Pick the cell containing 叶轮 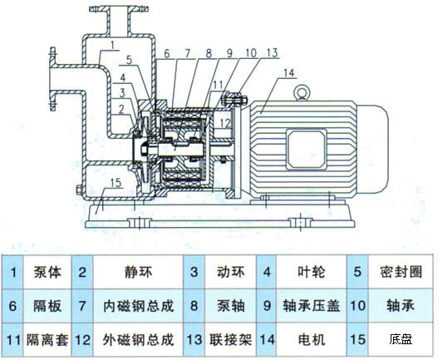(x=303, y=271)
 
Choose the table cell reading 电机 (x=303, y=339)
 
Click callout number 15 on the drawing (x=116, y=182)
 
